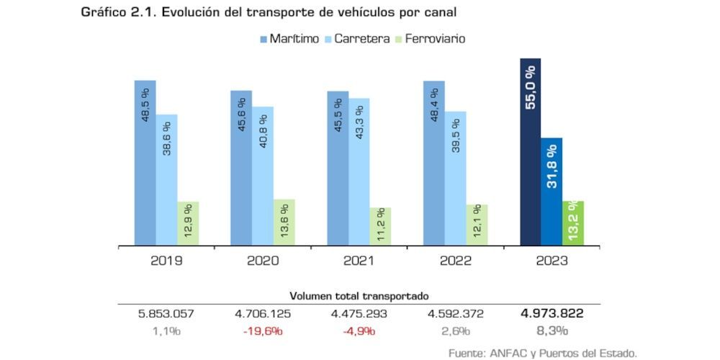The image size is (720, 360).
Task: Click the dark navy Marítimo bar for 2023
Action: (x=530, y=152)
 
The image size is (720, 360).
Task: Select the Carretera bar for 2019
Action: (x=166, y=179)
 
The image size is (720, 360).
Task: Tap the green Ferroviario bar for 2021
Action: (x=380, y=226)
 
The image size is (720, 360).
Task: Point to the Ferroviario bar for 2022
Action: (x=477, y=225)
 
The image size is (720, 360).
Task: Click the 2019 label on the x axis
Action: (x=166, y=261)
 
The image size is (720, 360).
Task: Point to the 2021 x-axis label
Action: (x=359, y=261)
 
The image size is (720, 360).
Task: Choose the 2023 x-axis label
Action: (x=552, y=261)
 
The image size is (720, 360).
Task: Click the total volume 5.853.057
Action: (x=166, y=314)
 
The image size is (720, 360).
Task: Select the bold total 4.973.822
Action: (x=552, y=314)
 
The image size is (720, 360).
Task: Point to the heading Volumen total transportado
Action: (x=359, y=296)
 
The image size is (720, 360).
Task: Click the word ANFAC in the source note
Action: (x=508, y=353)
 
